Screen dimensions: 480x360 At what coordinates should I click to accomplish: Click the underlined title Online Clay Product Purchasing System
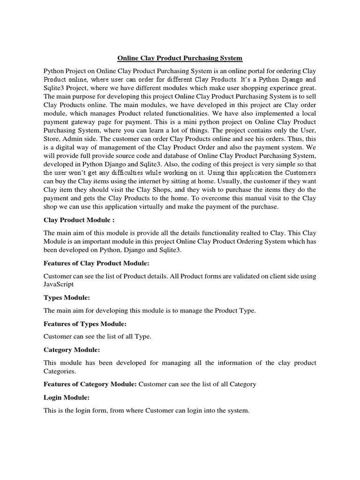point(180,58)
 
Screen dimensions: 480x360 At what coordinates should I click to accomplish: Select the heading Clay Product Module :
point(79,220)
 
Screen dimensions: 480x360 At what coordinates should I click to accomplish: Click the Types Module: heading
point(67,297)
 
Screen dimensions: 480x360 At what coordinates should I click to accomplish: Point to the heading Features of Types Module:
point(85,323)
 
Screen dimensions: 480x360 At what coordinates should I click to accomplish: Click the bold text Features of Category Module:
point(90,384)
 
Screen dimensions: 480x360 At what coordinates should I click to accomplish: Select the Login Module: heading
point(66,397)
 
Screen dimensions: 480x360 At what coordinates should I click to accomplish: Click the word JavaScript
point(59,284)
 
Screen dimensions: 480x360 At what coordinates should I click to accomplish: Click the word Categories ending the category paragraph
point(60,371)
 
